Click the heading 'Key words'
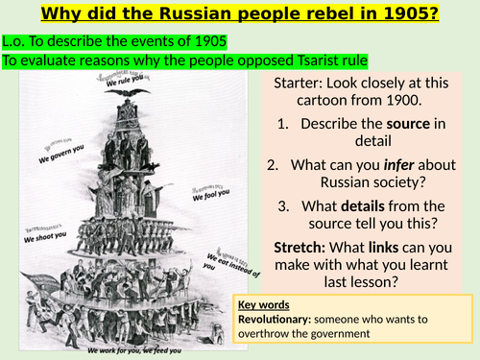(263, 304)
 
